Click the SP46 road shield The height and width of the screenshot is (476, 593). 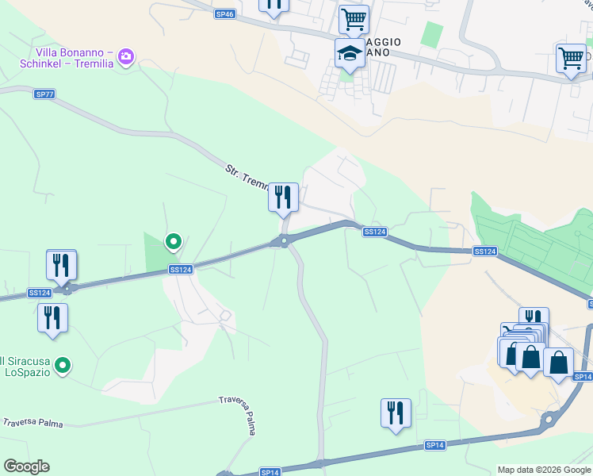(224, 14)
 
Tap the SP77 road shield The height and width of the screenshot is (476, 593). (45, 94)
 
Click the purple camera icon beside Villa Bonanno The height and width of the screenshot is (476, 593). (125, 57)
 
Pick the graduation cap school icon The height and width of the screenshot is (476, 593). (350, 54)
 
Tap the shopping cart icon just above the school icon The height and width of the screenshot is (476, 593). (353, 18)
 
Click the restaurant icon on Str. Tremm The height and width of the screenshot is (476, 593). (283, 197)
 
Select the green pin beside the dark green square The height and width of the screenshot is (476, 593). (173, 241)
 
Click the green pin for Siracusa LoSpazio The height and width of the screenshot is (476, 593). (63, 366)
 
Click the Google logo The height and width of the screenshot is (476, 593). (26, 466)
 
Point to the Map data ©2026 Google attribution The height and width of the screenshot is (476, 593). (545, 470)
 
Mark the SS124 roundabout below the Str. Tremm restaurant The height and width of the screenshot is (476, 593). (282, 241)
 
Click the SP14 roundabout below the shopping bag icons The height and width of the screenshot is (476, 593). (547, 419)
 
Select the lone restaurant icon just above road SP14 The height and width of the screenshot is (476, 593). (395, 413)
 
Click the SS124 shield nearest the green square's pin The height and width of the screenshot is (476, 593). (180, 270)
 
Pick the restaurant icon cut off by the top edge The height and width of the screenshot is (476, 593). (273, 5)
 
